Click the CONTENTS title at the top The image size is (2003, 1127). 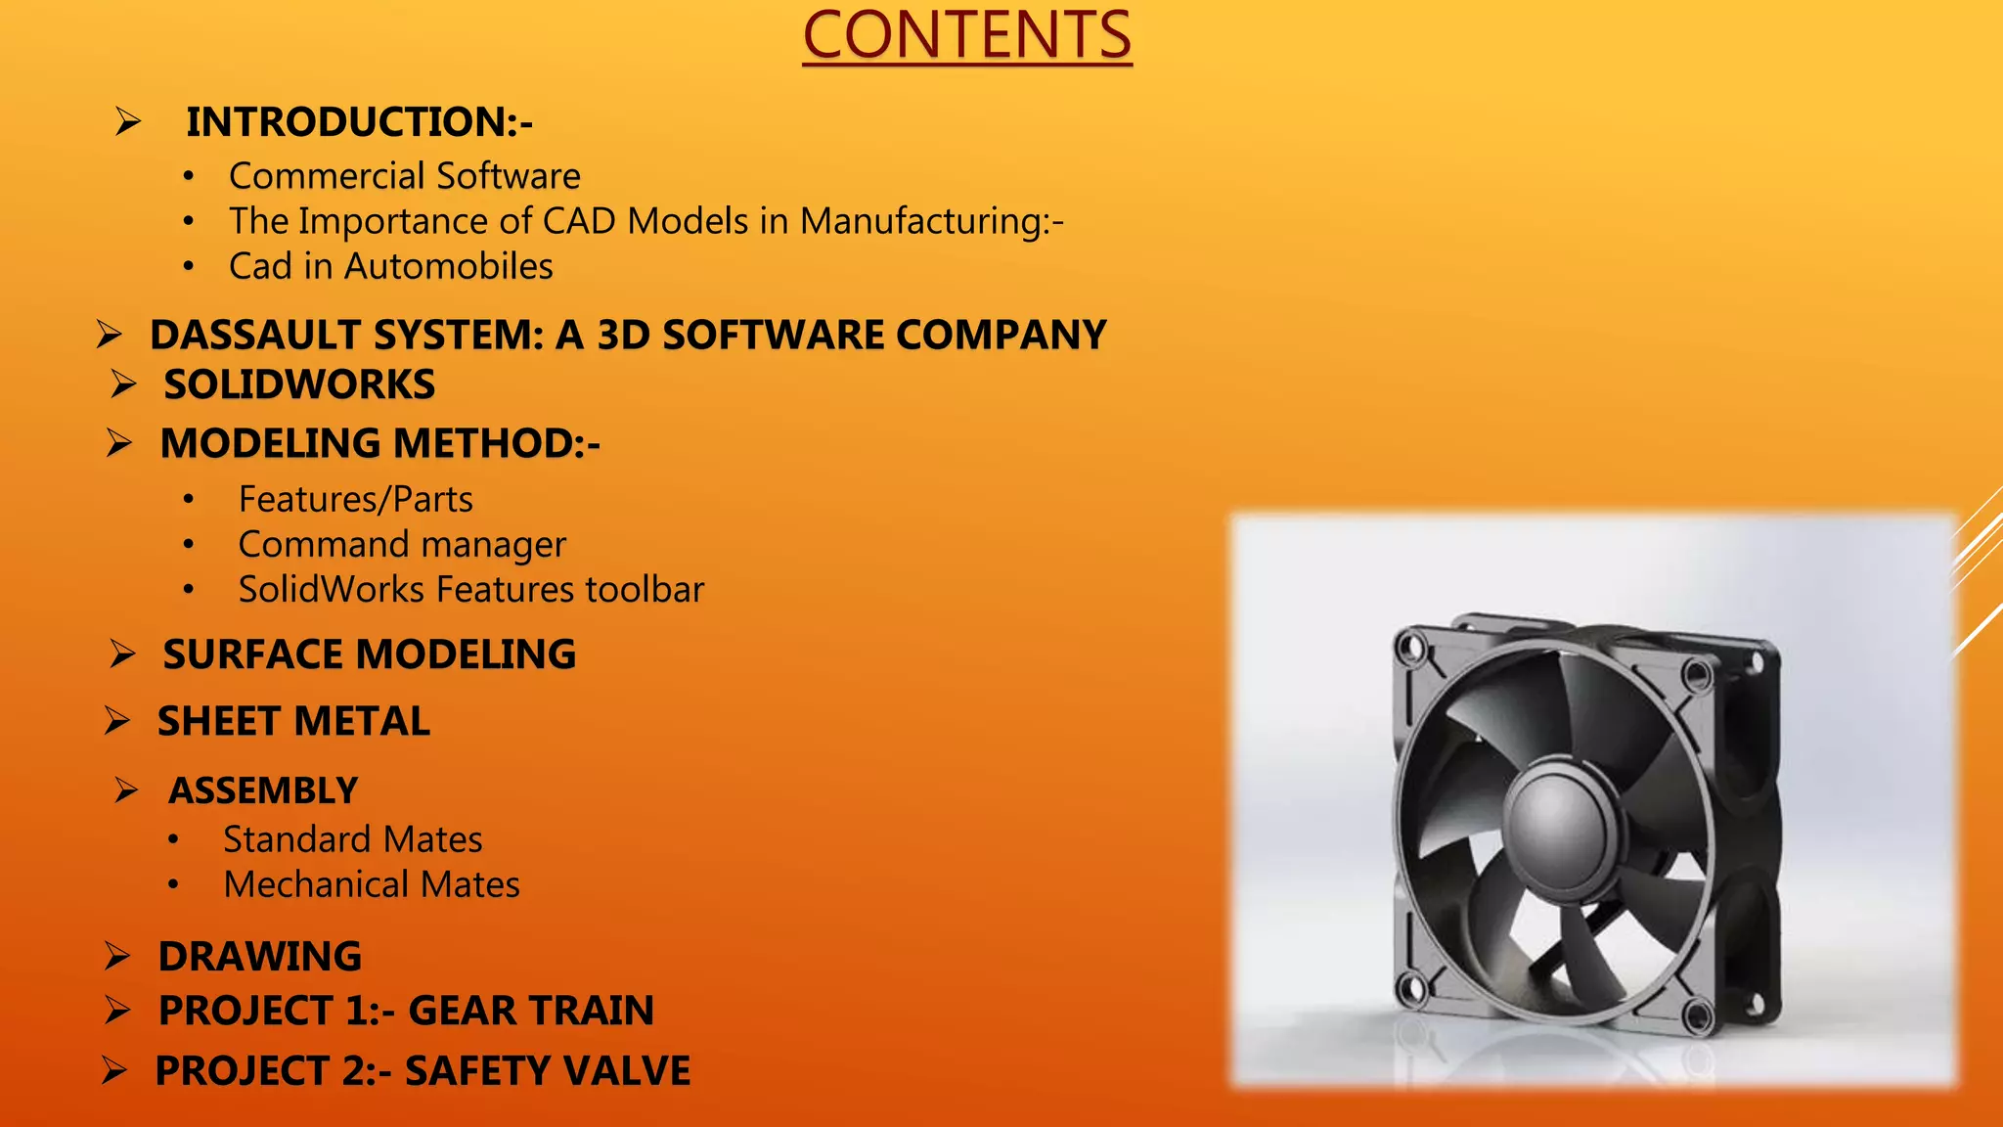pos(966,36)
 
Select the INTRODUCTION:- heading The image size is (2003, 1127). pos(359,122)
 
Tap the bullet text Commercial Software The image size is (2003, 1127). pos(404,176)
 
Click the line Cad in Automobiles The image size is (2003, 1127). pos(390,266)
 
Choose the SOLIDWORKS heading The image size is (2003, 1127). pos(298,384)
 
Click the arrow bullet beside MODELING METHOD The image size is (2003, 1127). pos(119,443)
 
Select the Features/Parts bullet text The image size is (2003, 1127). pos(355,499)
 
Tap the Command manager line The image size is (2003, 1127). pos(401,544)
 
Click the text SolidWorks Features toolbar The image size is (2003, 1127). pos(470,589)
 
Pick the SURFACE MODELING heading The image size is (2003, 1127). pos(369,654)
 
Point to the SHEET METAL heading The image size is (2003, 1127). pos(293,722)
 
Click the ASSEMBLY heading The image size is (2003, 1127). pos(263,790)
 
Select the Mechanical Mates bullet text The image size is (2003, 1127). pos(371,884)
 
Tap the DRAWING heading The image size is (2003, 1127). pos(259,957)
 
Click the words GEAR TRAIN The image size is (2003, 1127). pos(530,1011)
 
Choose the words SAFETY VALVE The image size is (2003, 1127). pos(547,1071)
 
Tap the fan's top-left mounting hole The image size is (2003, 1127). pos(1410,648)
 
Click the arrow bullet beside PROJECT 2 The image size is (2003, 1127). pos(114,1071)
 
